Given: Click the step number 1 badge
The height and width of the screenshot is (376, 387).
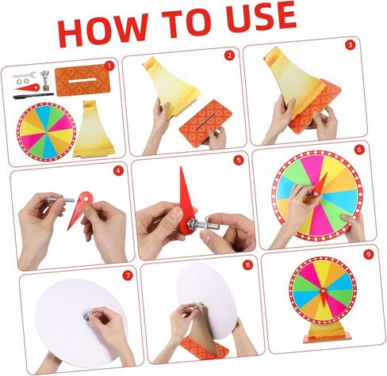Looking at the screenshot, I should [x=109, y=66].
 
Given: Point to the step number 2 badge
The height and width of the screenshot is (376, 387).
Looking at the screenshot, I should [x=228, y=55].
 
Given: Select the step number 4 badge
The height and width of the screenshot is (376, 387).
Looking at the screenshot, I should [x=118, y=170].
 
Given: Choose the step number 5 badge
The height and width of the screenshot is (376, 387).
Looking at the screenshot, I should [x=237, y=159].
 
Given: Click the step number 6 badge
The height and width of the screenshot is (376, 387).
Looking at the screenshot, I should [x=358, y=149].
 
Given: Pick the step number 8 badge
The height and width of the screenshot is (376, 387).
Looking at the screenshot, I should [x=247, y=265].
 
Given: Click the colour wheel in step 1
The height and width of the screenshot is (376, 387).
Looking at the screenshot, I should [x=46, y=131].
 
